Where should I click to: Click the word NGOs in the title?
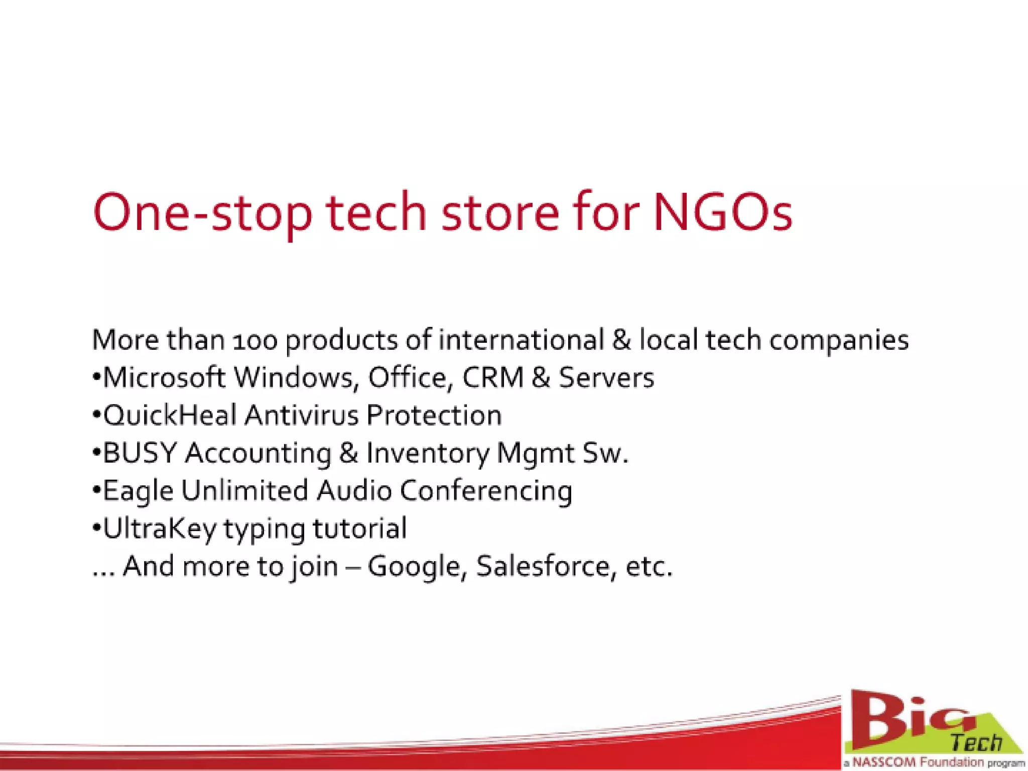(723, 213)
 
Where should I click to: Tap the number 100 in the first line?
(255, 341)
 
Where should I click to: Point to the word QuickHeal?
(170, 416)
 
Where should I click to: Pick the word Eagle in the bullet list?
(138, 491)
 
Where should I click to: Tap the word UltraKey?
(160, 529)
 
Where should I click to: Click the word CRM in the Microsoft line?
(493, 377)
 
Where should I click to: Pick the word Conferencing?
(486, 491)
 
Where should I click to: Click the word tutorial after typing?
(359, 529)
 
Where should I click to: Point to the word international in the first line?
(521, 340)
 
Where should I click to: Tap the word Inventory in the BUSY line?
(427, 453)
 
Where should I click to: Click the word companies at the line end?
(839, 341)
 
